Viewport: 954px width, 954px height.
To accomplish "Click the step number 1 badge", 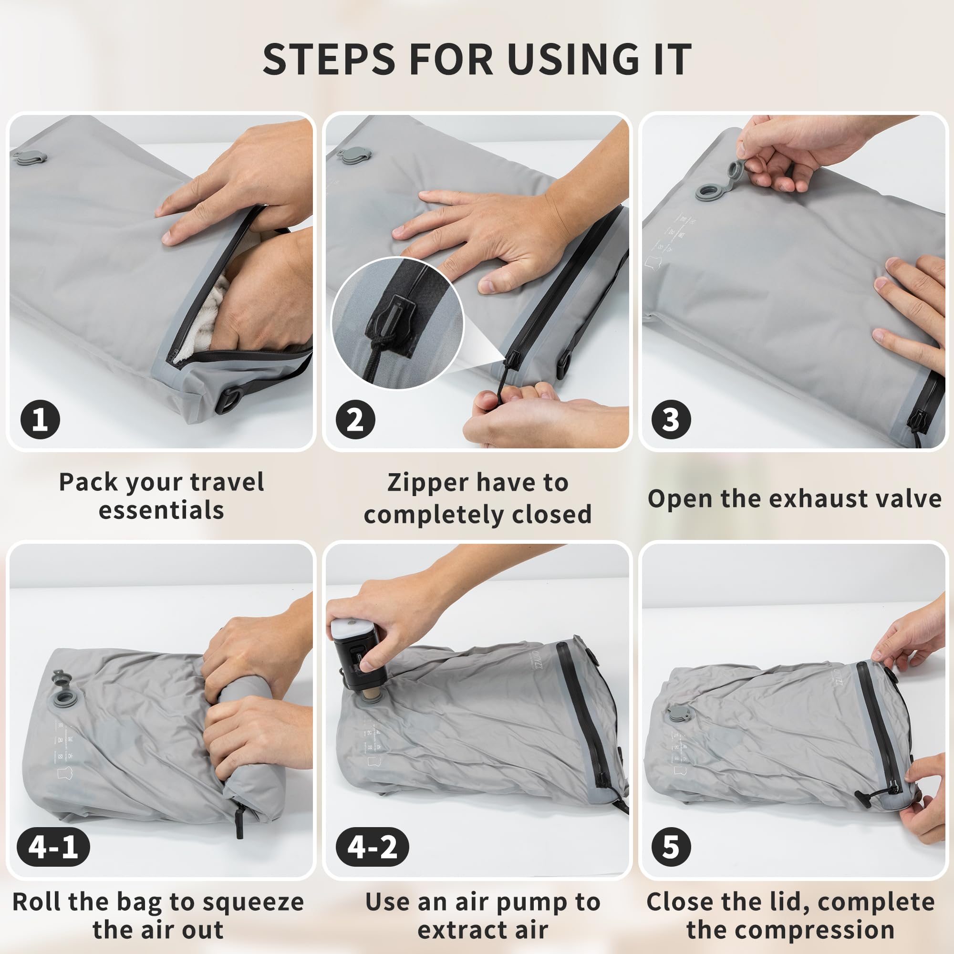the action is (x=40, y=420).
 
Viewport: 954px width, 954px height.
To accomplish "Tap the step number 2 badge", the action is (x=355, y=420).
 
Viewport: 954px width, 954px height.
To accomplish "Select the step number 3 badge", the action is (x=671, y=420).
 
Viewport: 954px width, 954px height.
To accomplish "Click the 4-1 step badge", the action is (x=53, y=847).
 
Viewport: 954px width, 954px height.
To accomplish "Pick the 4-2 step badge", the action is (x=373, y=847).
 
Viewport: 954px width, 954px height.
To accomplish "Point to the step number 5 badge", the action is (x=671, y=847).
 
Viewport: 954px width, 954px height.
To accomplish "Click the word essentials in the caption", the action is (x=162, y=510).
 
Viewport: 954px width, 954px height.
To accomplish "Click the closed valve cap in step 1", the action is (x=30, y=157).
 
